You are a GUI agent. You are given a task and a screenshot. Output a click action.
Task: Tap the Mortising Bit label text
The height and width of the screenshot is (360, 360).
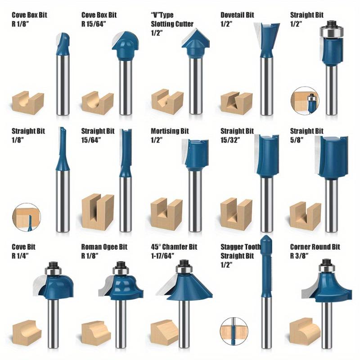(170, 131)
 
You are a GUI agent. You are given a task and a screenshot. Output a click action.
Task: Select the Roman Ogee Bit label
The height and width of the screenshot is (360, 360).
(104, 247)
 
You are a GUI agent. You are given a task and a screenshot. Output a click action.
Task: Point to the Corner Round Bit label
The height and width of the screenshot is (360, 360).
(315, 247)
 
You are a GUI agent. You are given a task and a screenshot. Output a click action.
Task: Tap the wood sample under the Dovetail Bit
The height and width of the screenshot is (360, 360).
(237, 103)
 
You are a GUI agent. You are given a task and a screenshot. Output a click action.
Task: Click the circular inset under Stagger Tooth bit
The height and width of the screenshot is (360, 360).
(234, 332)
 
